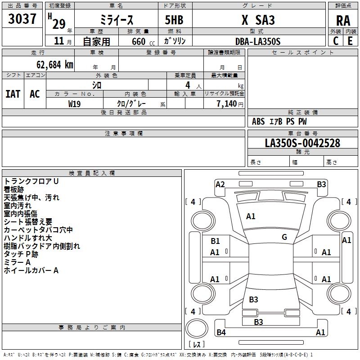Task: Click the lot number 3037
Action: pyautogui.click(x=22, y=19)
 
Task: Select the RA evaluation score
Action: pyautogui.click(x=343, y=20)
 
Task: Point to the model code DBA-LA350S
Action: pyautogui.click(x=258, y=41)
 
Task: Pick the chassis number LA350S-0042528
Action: pyautogui.click(x=302, y=143)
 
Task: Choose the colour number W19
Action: pyautogui.click(x=75, y=103)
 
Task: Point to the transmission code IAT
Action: pyautogui.click(x=13, y=94)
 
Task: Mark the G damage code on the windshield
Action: pyautogui.click(x=284, y=237)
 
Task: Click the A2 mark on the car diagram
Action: pyautogui.click(x=220, y=184)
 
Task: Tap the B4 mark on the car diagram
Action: pyautogui.click(x=221, y=333)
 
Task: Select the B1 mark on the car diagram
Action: pyautogui.click(x=216, y=241)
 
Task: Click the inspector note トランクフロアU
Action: pyautogui.click(x=31, y=181)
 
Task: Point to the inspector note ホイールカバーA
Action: pyautogui.click(x=31, y=270)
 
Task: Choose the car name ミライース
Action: pyautogui.click(x=116, y=20)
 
